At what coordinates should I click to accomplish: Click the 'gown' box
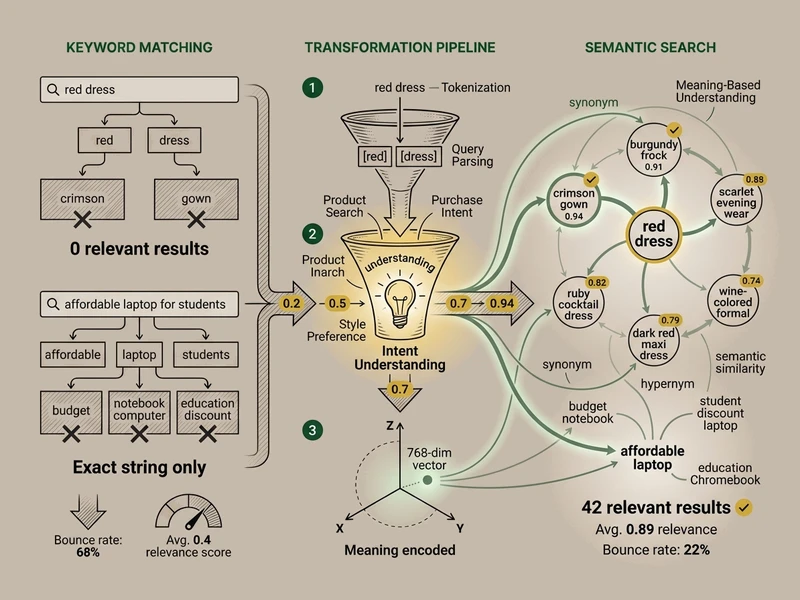click(x=196, y=199)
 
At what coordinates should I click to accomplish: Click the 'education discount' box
click(x=208, y=410)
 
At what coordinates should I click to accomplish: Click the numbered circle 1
click(x=315, y=88)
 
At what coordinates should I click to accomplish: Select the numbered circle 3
click(x=315, y=431)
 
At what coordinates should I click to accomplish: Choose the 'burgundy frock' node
click(x=653, y=153)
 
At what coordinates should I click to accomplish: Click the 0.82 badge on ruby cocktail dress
click(x=599, y=283)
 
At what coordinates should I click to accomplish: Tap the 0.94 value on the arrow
click(x=501, y=303)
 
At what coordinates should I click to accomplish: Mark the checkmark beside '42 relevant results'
click(x=743, y=508)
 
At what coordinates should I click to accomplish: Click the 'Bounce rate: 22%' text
click(x=657, y=550)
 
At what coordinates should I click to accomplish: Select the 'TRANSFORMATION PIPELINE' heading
click(x=399, y=47)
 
